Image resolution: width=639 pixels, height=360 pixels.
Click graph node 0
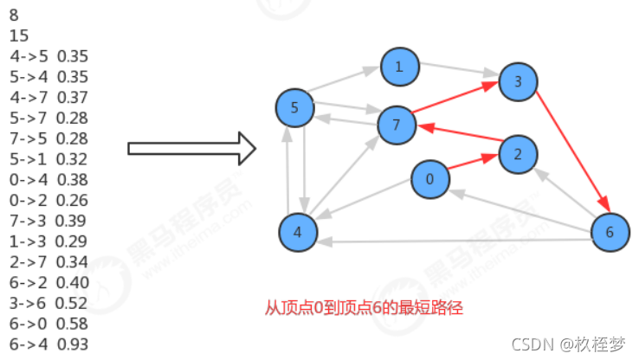[429, 179]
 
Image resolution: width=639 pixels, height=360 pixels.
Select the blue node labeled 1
[399, 67]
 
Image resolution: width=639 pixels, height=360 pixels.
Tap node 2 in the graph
[518, 154]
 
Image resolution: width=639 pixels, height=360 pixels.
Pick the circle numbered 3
[518, 81]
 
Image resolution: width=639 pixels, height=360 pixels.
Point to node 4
[298, 233]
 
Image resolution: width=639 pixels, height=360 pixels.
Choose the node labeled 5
[294, 108]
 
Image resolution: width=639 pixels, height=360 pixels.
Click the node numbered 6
[610, 232]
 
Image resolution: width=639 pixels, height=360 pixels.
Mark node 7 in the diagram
[397, 125]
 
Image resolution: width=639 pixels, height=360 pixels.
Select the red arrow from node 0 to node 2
[473, 166]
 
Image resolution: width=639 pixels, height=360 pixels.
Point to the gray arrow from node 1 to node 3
[459, 73]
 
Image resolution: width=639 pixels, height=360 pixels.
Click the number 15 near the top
[18, 35]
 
